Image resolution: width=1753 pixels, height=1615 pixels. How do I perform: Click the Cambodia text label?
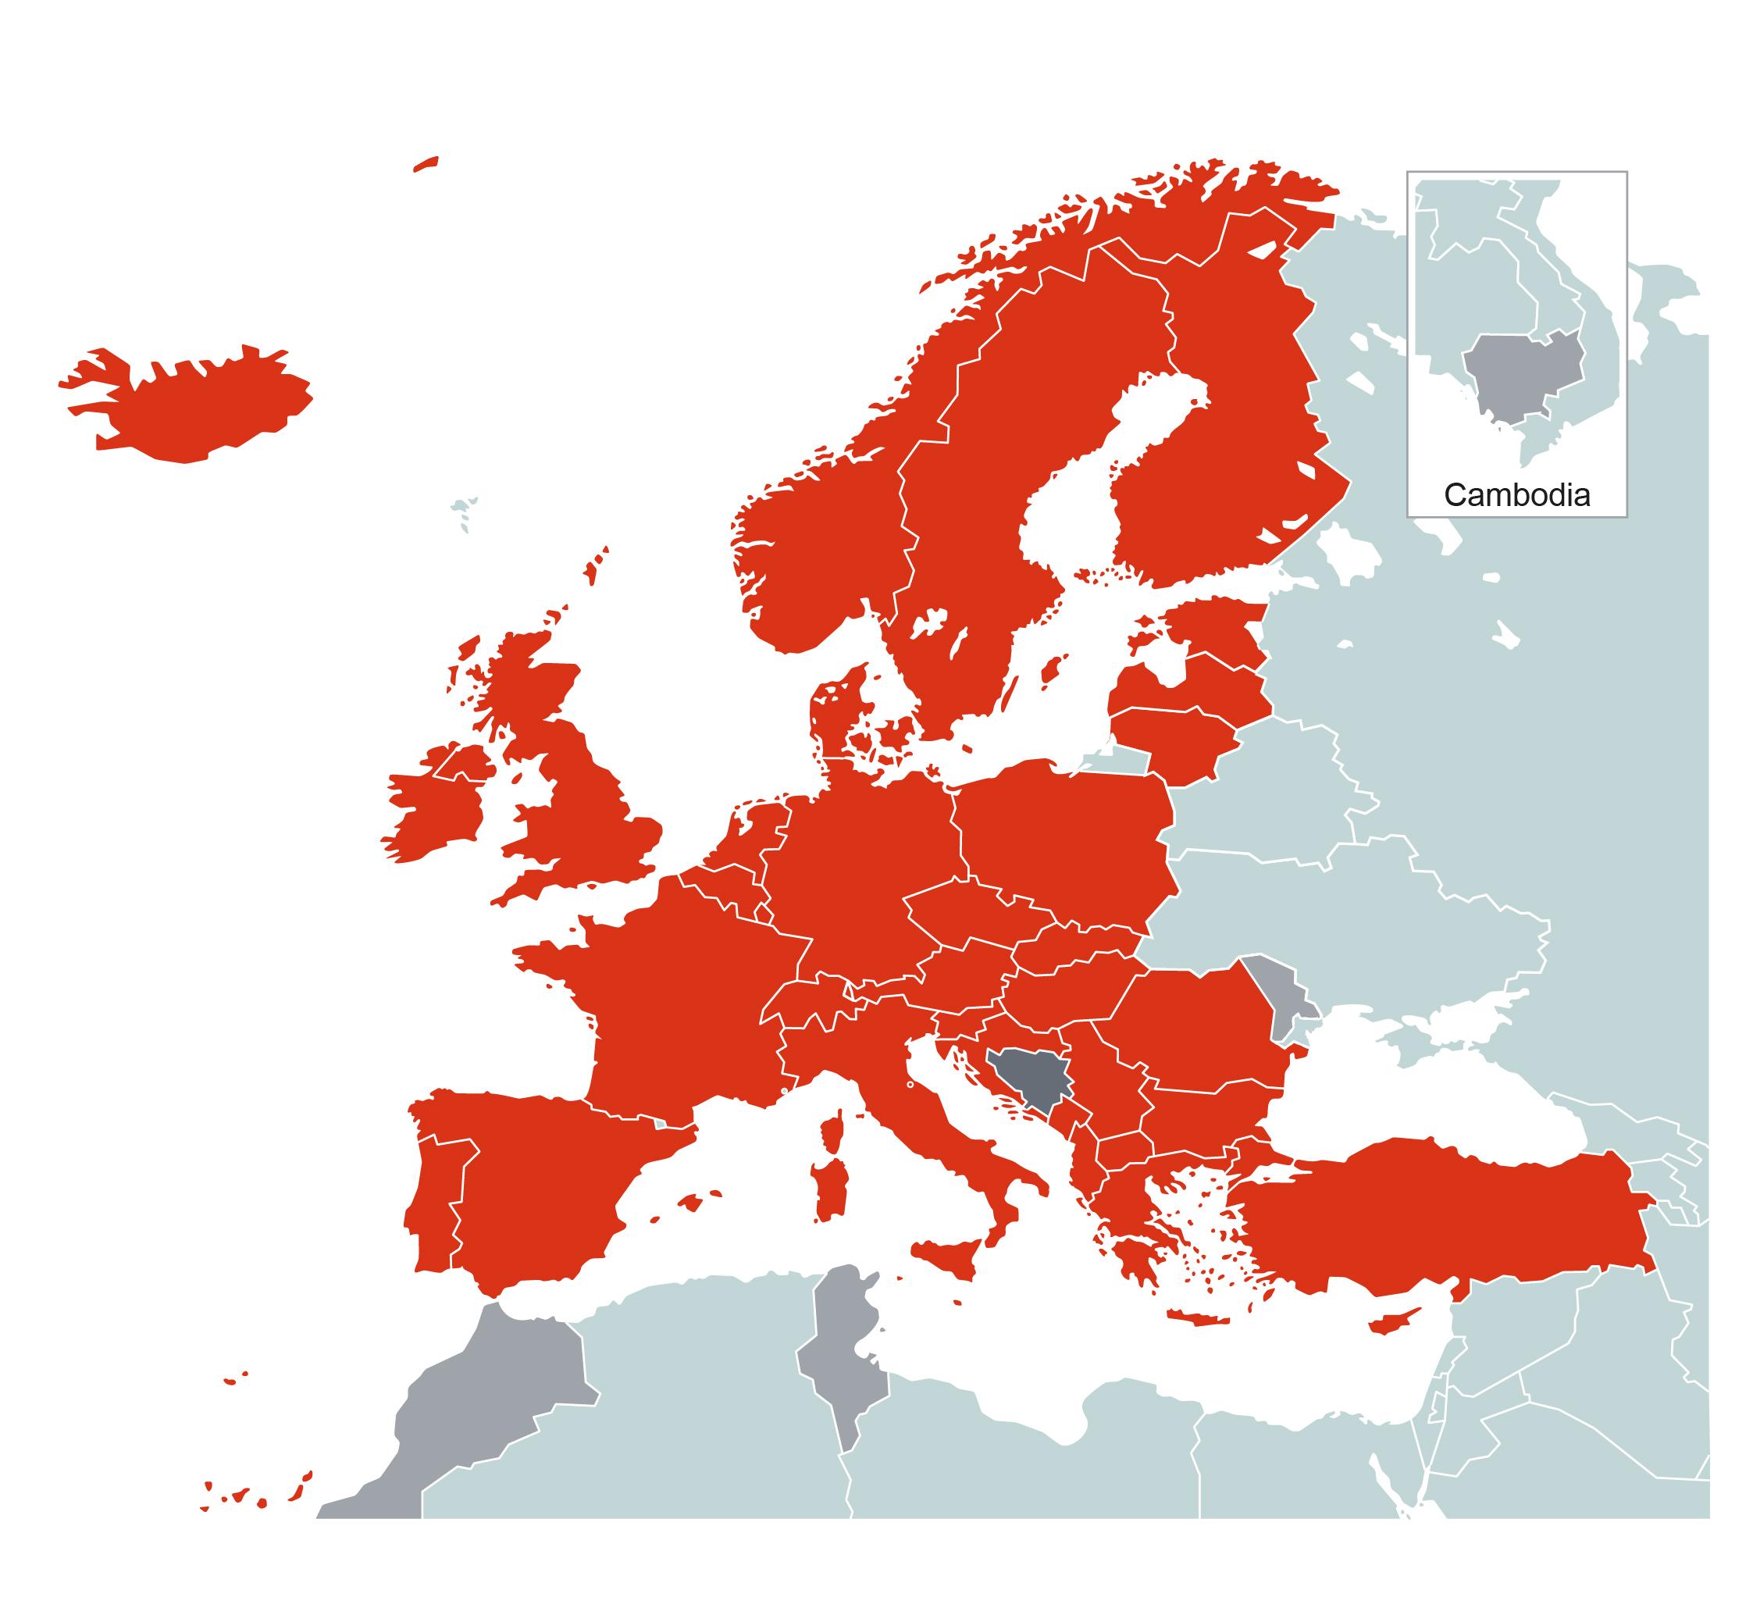(1516, 495)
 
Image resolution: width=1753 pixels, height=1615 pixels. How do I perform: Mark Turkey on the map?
(1442, 1224)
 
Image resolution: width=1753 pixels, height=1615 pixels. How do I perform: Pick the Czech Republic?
(970, 912)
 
